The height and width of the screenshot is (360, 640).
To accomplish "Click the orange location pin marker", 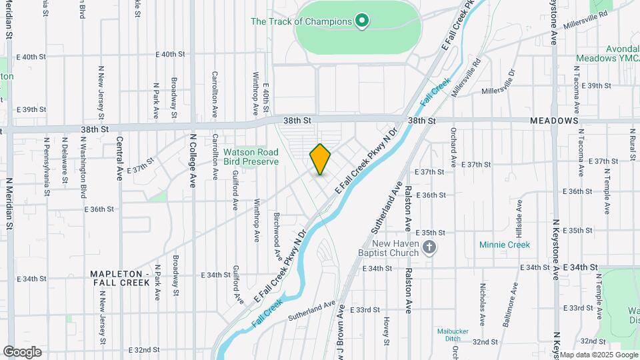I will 320,159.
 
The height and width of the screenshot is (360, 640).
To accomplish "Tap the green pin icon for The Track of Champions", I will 362,22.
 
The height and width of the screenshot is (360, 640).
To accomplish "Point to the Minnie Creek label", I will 505,245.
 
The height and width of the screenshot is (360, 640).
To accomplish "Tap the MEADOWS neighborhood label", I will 553,121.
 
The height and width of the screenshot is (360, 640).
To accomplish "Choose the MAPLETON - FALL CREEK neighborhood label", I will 120,278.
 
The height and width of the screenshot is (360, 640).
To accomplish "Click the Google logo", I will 22,352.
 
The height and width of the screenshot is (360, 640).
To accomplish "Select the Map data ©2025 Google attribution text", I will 598,355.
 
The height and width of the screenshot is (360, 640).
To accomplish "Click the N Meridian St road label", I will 10,204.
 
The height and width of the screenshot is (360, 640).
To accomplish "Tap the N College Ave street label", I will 192,160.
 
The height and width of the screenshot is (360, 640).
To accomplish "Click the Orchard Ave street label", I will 453,147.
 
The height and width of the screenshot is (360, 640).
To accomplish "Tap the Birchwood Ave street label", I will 277,237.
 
